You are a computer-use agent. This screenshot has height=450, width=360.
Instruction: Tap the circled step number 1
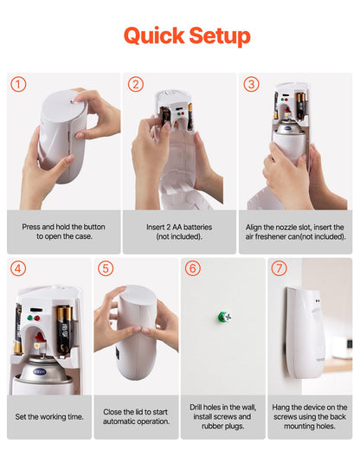(19, 85)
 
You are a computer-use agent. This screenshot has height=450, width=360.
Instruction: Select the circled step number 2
(135, 85)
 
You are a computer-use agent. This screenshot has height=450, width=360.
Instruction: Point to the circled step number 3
(251, 85)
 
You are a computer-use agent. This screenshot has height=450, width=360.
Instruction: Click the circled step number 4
(19, 269)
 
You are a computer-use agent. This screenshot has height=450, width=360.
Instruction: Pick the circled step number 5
(106, 269)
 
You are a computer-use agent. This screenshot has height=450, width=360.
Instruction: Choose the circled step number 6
(193, 269)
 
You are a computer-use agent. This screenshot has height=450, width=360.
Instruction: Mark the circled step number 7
(279, 269)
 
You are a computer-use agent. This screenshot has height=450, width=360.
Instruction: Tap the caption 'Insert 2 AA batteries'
(179, 231)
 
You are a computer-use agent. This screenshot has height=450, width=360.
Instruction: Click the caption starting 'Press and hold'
(63, 231)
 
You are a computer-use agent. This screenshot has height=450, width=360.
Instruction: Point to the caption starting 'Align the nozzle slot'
(295, 231)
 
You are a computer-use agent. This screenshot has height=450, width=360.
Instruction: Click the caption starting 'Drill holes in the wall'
(223, 416)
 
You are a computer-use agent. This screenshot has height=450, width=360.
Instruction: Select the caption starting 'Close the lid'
(136, 416)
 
